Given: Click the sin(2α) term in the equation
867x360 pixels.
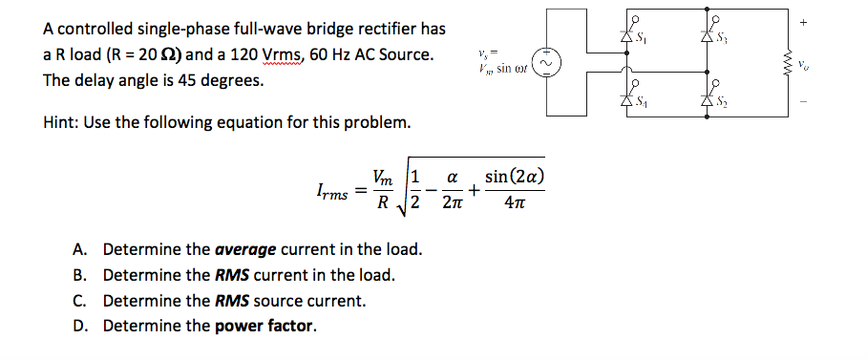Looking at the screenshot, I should click(516, 177).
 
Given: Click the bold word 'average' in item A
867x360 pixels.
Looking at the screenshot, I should click(244, 250).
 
